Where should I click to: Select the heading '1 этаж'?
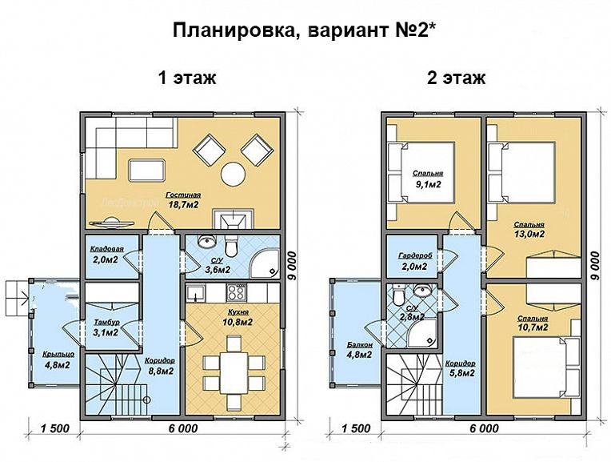point(188,78)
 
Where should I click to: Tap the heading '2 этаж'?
point(456,78)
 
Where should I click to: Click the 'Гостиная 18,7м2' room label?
point(183,200)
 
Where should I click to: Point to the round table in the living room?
point(234,172)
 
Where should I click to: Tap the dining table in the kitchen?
point(235,364)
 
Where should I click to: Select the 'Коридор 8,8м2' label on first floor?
point(161,365)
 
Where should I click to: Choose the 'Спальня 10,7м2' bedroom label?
point(533,323)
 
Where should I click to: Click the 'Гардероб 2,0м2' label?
point(415,261)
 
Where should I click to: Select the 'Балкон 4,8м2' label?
point(359,348)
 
